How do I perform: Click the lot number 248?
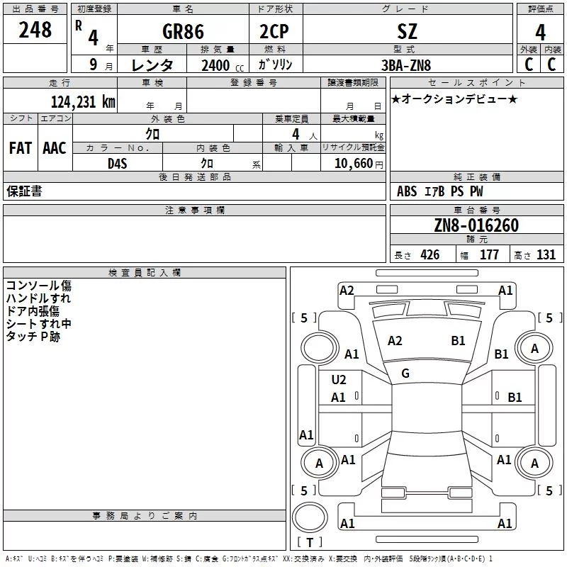[35, 30]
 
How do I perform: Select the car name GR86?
[183, 31]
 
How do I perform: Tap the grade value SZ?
[407, 31]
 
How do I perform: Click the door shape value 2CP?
[274, 31]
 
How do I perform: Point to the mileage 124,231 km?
[83, 101]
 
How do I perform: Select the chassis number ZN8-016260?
[476, 225]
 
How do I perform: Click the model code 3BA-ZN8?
[406, 65]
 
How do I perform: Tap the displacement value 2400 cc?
[223, 65]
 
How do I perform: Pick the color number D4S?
[118, 164]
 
